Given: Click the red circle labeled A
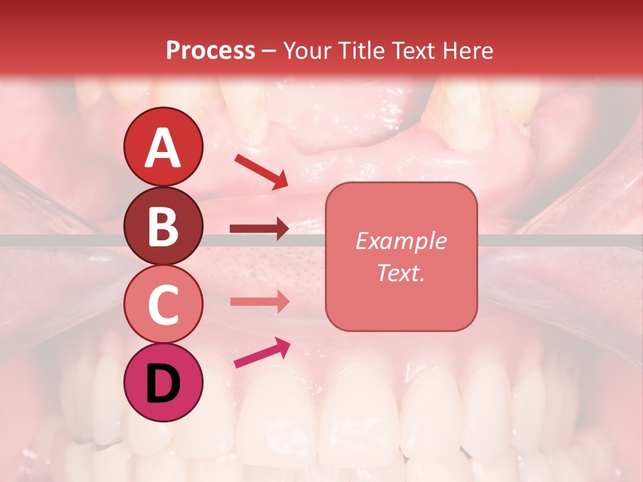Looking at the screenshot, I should click(163, 147).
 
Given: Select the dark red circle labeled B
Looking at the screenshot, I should click(163, 226).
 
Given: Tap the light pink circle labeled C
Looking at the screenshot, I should click(163, 305).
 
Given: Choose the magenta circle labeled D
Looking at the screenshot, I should click(163, 383).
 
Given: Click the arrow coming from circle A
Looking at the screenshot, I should click(261, 171).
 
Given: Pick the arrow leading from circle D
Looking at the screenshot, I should click(261, 353).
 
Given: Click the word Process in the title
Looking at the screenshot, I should click(210, 51).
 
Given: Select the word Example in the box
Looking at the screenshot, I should click(401, 241).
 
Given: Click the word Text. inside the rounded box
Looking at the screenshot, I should click(401, 272).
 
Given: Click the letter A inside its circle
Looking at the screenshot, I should click(163, 147).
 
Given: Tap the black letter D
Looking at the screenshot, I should click(163, 383).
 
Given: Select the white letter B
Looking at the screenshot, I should click(163, 226).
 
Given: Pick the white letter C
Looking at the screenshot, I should click(163, 305).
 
